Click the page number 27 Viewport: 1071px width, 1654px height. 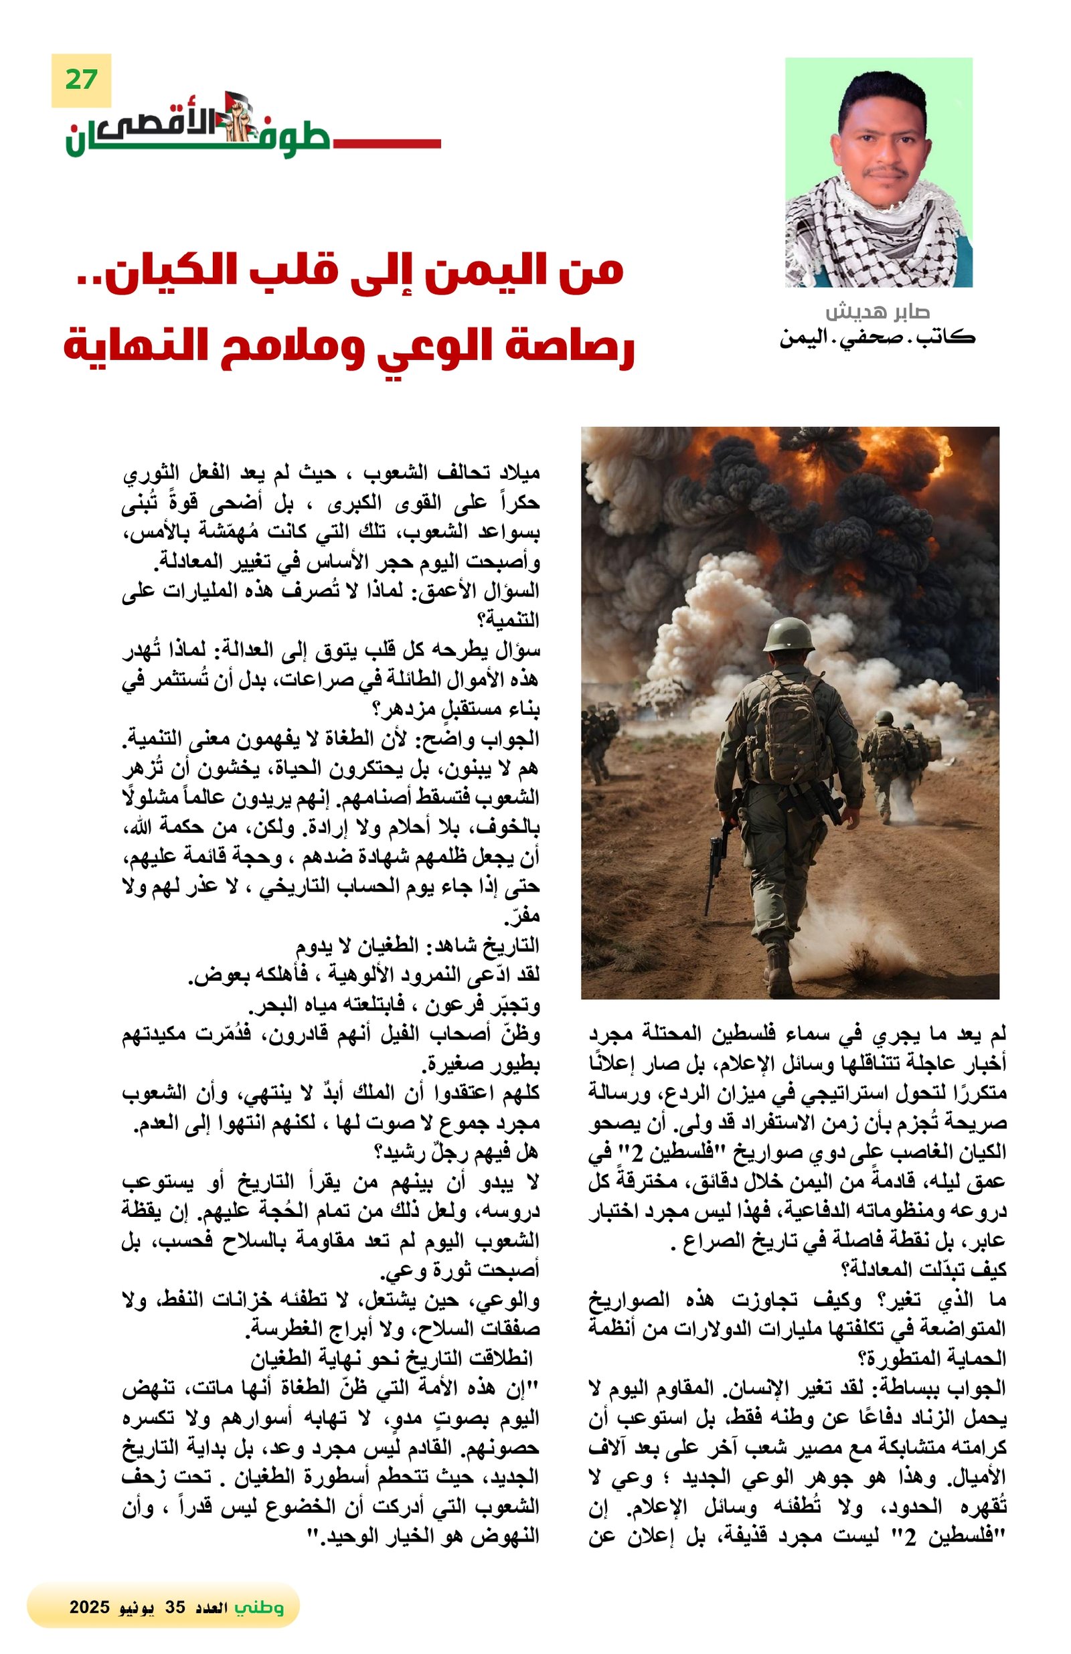point(80,80)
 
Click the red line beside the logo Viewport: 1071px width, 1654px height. point(386,144)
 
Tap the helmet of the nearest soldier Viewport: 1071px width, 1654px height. point(787,634)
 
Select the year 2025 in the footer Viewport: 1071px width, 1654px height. point(90,1606)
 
